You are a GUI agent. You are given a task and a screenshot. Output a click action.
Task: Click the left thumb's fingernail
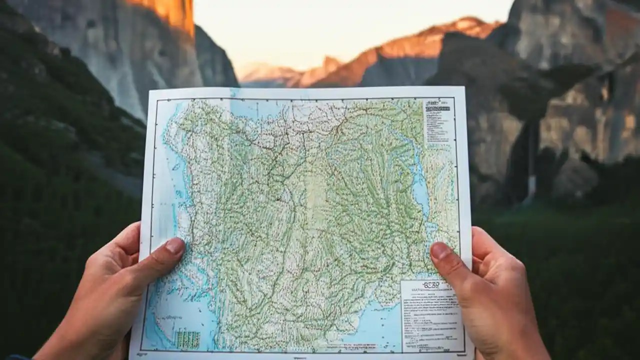(175, 245)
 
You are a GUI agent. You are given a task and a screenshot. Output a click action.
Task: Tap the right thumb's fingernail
(440, 250)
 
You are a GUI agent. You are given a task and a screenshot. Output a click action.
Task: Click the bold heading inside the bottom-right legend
(430, 285)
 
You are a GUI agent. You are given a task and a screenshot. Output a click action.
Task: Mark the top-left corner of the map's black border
(156, 99)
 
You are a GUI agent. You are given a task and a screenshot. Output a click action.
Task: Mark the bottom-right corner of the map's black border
(464, 352)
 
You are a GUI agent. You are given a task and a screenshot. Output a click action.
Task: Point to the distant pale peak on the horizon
(265, 72)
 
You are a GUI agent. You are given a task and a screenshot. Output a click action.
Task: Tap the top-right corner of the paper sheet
(464, 87)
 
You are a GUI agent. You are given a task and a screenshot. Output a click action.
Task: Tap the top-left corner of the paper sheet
(148, 90)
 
